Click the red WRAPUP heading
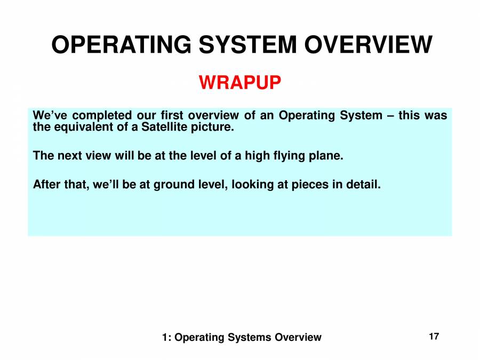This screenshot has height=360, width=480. click(x=240, y=83)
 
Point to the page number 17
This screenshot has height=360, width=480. click(x=434, y=337)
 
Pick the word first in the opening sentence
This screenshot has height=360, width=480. click(x=172, y=116)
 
